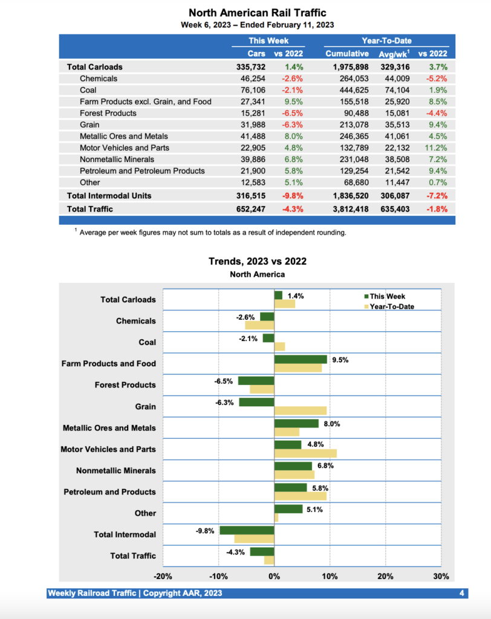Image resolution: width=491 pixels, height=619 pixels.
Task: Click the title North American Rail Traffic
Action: (258, 12)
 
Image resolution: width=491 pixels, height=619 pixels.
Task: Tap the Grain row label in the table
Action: (89, 125)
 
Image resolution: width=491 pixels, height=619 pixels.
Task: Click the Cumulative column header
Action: (347, 54)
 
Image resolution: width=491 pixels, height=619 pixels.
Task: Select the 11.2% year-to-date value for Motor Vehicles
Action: (437, 147)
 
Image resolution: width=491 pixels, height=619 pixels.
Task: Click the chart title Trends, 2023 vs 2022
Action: (258, 261)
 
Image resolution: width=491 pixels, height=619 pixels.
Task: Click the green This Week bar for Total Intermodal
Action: (247, 530)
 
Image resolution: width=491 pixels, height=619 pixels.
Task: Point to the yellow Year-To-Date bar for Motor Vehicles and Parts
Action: (305, 453)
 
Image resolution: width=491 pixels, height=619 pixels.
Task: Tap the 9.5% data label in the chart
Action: (340, 360)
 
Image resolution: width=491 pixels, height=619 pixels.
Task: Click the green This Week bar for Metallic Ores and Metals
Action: (296, 423)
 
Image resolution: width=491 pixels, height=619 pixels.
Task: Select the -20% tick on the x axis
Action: (163, 576)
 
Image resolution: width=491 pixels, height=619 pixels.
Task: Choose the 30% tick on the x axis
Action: (441, 576)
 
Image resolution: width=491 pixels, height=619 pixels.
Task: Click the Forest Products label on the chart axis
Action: (125, 385)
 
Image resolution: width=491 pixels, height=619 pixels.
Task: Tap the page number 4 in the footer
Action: (461, 593)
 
